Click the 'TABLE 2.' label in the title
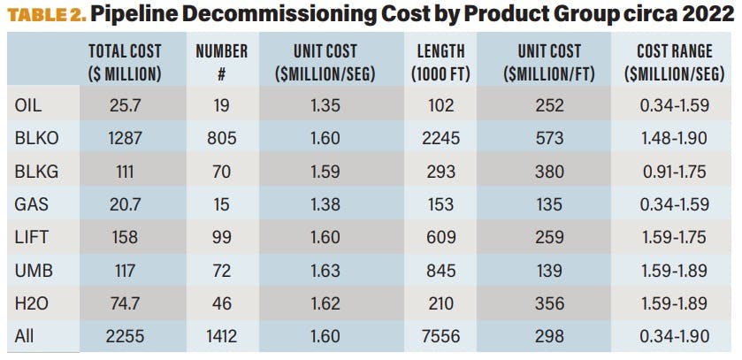(x=42, y=16)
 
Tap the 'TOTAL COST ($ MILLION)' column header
(x=124, y=62)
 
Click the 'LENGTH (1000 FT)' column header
(x=440, y=62)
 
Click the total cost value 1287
(x=125, y=137)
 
